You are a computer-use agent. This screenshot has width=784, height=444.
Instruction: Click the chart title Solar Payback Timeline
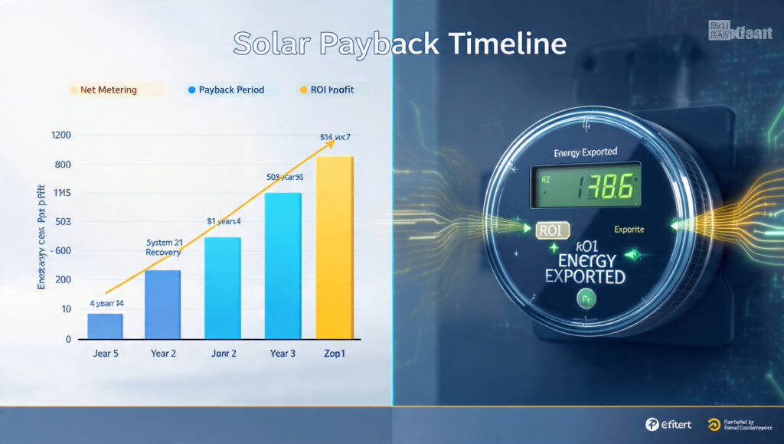pos(400,43)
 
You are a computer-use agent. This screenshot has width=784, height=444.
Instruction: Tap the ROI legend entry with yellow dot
pos(331,90)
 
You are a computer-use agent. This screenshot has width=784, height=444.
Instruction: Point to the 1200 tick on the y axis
pos(61,135)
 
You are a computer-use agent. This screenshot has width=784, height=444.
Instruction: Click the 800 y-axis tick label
pos(63,165)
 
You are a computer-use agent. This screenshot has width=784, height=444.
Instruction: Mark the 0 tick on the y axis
pos(68,338)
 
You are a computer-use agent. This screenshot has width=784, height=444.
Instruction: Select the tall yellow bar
pos(335,246)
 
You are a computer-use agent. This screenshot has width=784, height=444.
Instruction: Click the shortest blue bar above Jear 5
pos(105,326)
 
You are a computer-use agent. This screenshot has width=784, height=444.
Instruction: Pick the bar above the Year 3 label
pos(283,265)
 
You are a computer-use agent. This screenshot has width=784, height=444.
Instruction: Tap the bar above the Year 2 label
pos(162,304)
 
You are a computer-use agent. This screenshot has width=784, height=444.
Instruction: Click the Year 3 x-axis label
pos(283,354)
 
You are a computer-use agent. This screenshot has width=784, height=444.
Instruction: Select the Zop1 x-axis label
pos(335,354)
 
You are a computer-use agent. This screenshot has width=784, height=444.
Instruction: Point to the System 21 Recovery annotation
pos(163,247)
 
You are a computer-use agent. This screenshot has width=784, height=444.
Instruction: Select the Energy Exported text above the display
pos(585,152)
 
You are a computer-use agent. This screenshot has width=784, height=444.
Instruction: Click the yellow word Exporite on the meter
pos(629,229)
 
